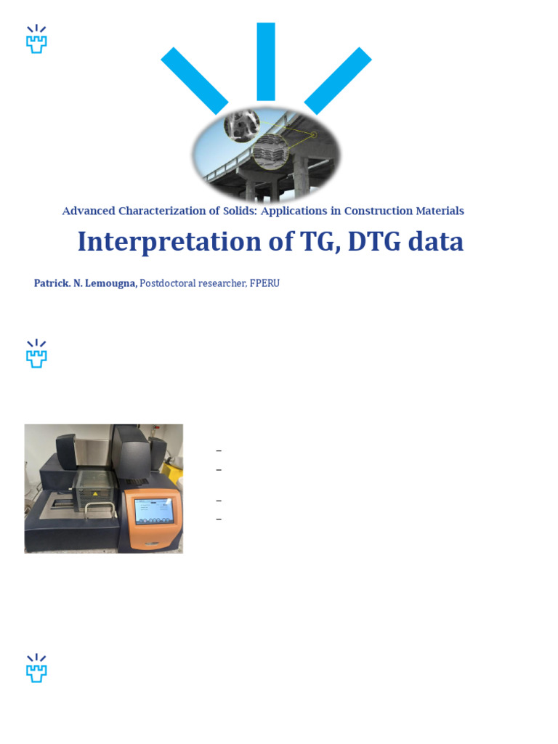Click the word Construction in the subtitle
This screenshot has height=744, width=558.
378,211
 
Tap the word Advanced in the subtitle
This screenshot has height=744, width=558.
88,211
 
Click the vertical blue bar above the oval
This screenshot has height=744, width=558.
266,62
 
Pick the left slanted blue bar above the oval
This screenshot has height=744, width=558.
194,81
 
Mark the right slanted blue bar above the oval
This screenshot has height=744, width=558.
338,81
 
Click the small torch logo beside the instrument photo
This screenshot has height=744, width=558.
36,353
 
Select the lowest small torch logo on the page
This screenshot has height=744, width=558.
36,668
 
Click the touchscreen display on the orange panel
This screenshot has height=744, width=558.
155,511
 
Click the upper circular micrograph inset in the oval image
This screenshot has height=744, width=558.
242,124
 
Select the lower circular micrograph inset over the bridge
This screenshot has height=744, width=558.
271,150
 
